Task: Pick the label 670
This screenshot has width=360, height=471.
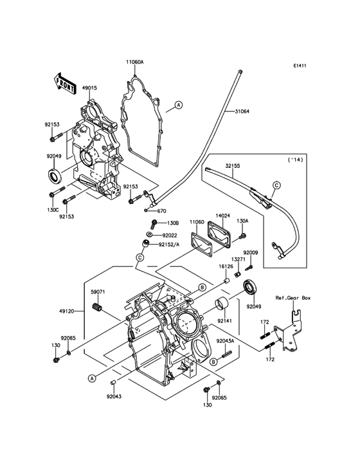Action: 161,211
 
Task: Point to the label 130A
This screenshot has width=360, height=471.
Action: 242,221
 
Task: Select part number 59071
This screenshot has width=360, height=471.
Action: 98,291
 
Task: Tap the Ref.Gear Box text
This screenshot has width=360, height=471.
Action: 292,299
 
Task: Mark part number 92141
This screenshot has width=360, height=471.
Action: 224,320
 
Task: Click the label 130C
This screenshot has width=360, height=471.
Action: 52,210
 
